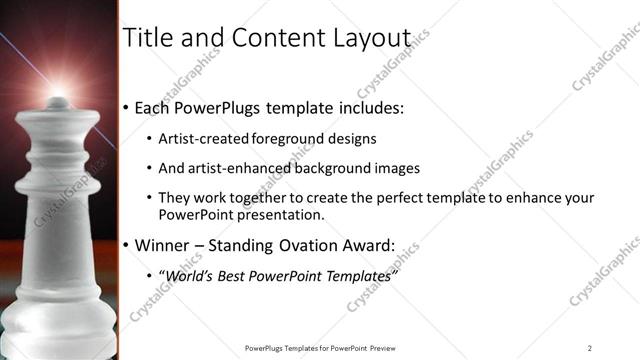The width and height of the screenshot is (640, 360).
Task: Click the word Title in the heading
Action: (x=147, y=37)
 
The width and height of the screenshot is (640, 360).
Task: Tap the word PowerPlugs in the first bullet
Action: (x=225, y=108)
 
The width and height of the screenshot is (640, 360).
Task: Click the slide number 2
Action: (x=590, y=348)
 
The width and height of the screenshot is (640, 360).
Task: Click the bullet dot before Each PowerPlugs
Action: (x=125, y=108)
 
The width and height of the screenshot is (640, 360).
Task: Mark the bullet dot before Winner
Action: (x=125, y=245)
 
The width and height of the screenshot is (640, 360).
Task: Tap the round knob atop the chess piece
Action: (x=58, y=102)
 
